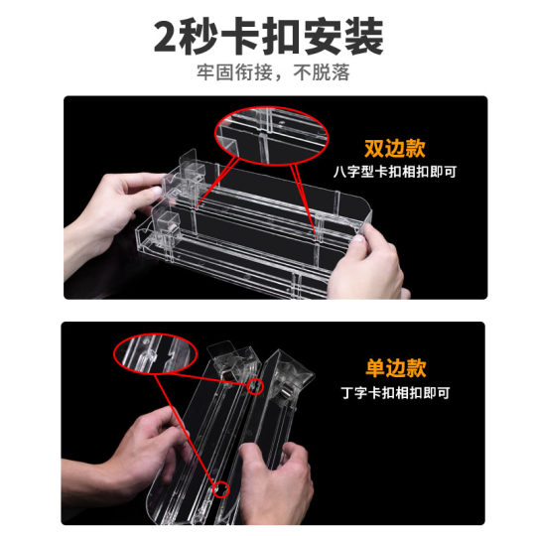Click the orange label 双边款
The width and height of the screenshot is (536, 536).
pyautogui.click(x=394, y=149)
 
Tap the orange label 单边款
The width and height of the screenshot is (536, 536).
pyautogui.click(x=394, y=370)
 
